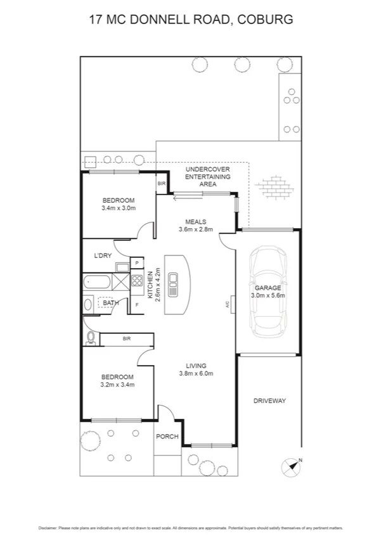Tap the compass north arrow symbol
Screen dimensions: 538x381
(x=293, y=466)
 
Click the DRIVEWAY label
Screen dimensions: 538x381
(x=269, y=400)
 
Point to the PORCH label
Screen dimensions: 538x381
(x=167, y=437)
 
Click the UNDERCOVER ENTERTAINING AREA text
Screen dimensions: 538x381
(x=207, y=177)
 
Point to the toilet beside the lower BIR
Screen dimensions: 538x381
(x=90, y=338)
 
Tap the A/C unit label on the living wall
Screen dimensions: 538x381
(x=226, y=305)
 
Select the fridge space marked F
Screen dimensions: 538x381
(x=137, y=305)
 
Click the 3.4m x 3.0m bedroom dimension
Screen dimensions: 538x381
(x=119, y=208)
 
